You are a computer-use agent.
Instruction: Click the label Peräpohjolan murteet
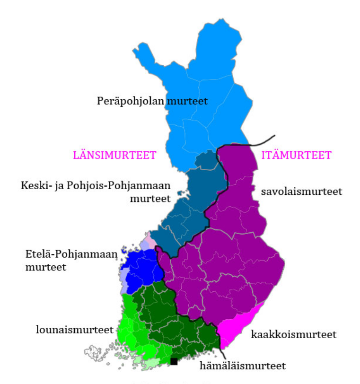point(152,101)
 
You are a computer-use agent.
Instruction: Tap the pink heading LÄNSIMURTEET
point(114,156)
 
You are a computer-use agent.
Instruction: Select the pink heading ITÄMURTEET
point(297,155)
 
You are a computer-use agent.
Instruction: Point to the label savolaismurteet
point(301,192)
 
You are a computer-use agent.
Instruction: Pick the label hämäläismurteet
point(243,366)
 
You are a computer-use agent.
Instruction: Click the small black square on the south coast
point(174,362)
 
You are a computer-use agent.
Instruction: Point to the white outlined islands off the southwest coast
point(97,353)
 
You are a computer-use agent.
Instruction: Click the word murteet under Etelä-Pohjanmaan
point(45,267)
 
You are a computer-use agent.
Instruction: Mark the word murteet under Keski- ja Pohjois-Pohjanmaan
point(150,198)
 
